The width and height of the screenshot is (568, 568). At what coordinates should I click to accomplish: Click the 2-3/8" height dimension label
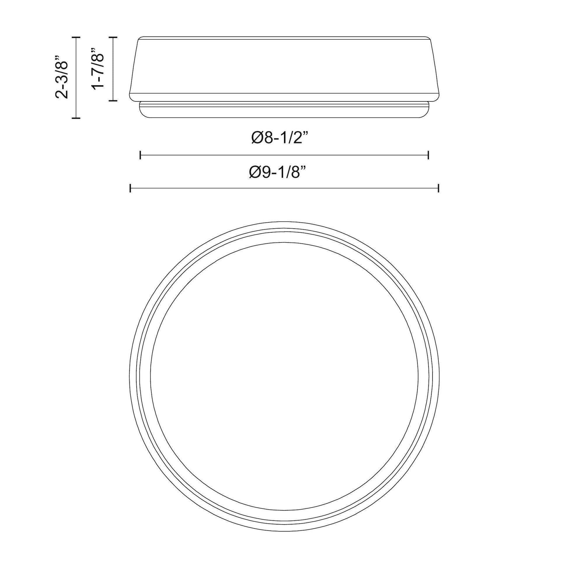tap(62, 76)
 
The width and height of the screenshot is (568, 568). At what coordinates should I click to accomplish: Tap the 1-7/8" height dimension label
tap(98, 68)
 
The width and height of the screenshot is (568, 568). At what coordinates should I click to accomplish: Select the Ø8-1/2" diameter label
tap(280, 137)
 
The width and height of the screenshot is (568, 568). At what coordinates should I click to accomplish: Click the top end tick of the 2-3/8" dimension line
tap(76, 37)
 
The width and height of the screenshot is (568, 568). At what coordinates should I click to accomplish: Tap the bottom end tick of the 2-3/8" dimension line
tap(76, 118)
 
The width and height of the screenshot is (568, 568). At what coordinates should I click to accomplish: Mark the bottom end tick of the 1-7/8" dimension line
tap(113, 100)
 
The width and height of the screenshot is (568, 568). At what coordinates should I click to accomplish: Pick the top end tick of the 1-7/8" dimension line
tap(113, 37)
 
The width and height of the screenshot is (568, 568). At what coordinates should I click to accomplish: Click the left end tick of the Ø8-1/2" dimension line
tap(140, 155)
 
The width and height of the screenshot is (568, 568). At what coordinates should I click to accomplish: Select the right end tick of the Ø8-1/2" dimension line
tap(428, 155)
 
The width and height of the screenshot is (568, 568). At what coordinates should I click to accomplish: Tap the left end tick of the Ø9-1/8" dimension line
tap(130, 188)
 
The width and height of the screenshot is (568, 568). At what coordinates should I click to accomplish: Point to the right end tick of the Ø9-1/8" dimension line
tap(438, 188)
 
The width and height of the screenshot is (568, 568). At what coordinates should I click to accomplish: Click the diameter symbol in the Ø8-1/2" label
tap(258, 138)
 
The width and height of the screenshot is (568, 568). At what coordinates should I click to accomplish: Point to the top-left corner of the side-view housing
tap(140, 39)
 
